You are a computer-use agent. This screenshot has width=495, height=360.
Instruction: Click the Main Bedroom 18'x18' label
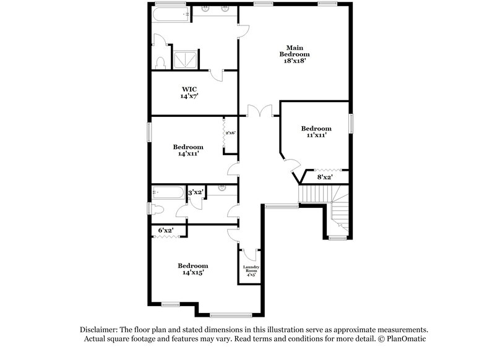point(293,54)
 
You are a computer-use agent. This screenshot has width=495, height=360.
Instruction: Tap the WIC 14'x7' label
point(189,92)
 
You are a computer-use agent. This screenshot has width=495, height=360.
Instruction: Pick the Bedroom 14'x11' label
point(188,150)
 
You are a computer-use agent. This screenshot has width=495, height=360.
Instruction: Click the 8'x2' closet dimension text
point(325,178)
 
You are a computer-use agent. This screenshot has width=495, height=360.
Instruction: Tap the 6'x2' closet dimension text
point(165,231)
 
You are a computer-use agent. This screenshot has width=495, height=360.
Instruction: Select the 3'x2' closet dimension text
point(196,192)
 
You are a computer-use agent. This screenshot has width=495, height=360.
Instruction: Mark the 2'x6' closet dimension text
point(230,133)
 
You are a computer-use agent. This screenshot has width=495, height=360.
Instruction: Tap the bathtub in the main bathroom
point(171,14)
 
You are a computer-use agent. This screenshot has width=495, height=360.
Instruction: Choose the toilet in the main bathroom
point(160,62)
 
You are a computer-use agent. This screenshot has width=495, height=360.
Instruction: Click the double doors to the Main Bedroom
point(260,111)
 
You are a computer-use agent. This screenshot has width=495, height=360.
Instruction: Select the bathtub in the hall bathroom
point(168,192)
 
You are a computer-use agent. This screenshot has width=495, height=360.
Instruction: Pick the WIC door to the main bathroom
point(216,74)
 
